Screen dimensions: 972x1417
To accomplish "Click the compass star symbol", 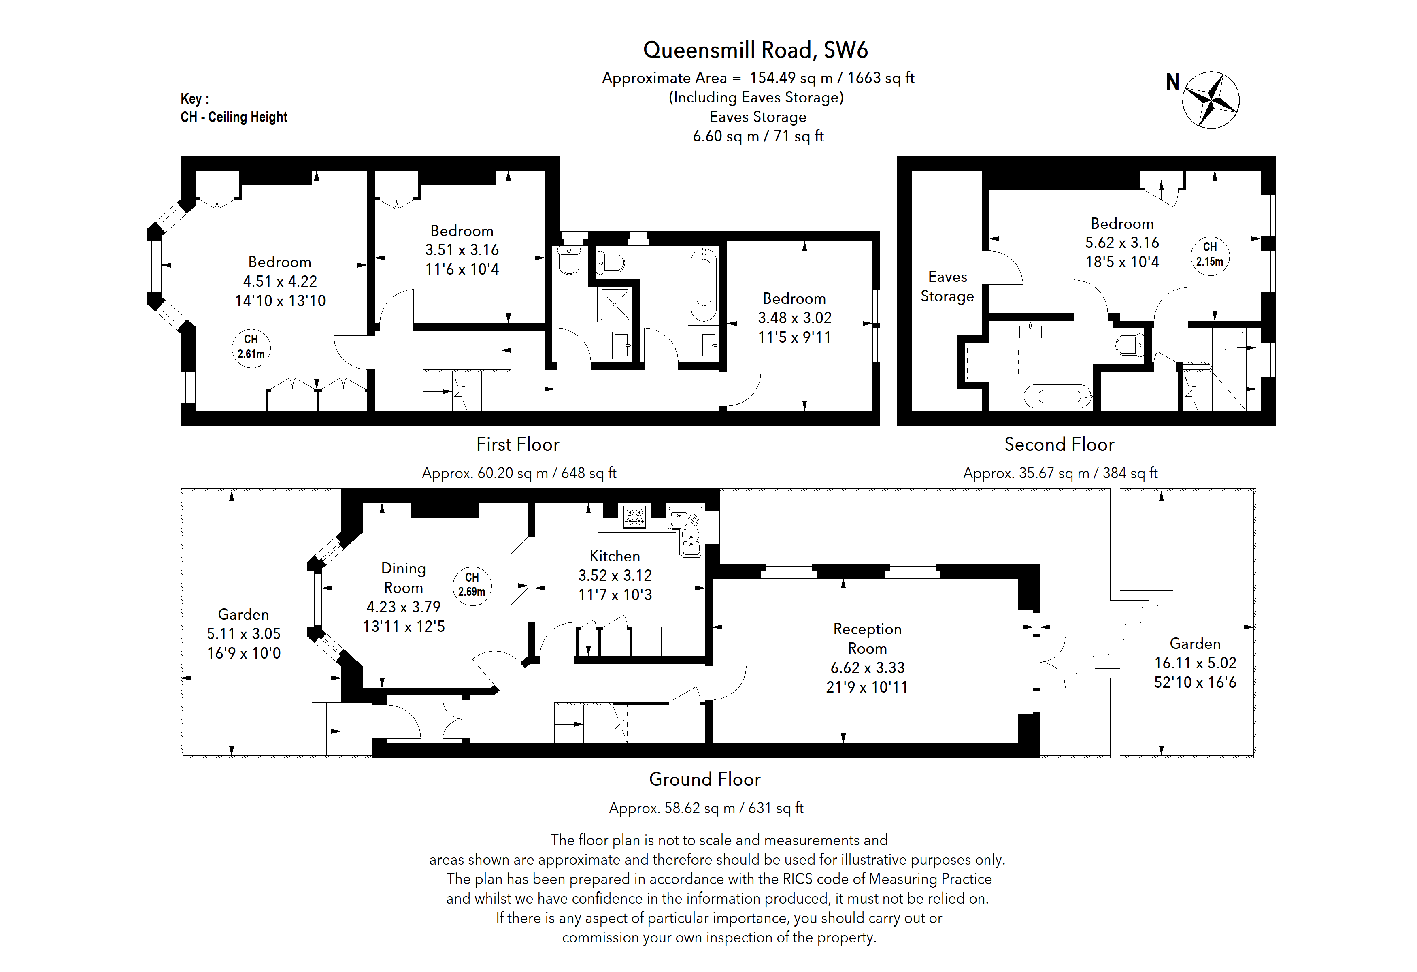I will pyautogui.click(x=1210, y=100).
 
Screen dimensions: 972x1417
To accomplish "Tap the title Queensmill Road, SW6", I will pyautogui.click(x=755, y=50).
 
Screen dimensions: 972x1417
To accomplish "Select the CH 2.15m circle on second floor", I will pyautogui.click(x=1210, y=255).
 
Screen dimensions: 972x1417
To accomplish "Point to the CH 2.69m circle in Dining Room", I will pyautogui.click(x=472, y=585).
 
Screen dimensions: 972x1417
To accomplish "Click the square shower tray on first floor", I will pyautogui.click(x=614, y=304).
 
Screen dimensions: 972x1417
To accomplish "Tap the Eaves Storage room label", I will pyautogui.click(x=947, y=287).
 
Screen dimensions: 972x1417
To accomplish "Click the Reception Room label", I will pyautogui.click(x=867, y=638).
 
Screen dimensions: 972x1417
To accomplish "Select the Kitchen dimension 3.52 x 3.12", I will pyautogui.click(x=615, y=575).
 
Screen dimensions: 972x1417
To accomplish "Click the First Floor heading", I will pyautogui.click(x=518, y=445).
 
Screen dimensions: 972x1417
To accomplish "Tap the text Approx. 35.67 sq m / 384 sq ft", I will pyautogui.click(x=1060, y=473).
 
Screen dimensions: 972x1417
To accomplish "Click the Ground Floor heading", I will pyautogui.click(x=704, y=779).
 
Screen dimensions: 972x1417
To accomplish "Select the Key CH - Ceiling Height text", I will pyautogui.click(x=234, y=109).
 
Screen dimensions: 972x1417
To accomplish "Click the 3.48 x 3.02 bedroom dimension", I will pyautogui.click(x=794, y=318).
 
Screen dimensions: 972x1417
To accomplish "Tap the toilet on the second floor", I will pyautogui.click(x=1130, y=346).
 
